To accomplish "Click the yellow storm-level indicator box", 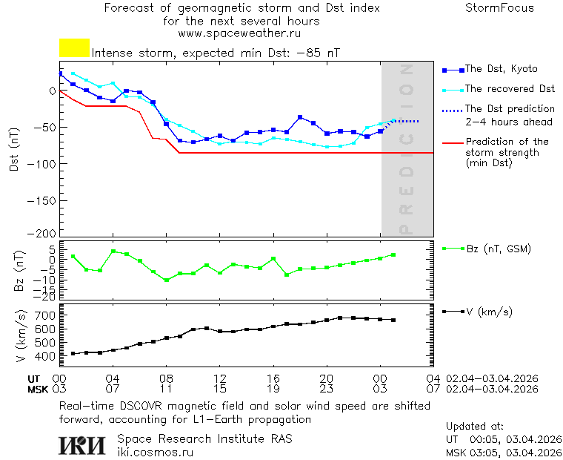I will [x=74, y=48].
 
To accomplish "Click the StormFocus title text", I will [x=499, y=8].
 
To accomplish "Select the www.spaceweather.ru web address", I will [x=239, y=33].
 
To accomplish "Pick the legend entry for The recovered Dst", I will [x=510, y=89].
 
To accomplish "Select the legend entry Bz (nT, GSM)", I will [x=498, y=249].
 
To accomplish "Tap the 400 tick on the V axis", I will [x=45, y=357].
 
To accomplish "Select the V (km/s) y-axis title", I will [x=20, y=336].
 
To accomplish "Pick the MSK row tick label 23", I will [x=326, y=389].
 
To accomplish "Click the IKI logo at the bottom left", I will [x=83, y=444].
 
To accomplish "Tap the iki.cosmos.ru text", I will [x=156, y=451].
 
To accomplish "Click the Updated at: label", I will [x=474, y=427].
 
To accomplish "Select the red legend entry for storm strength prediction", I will [x=507, y=152].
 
